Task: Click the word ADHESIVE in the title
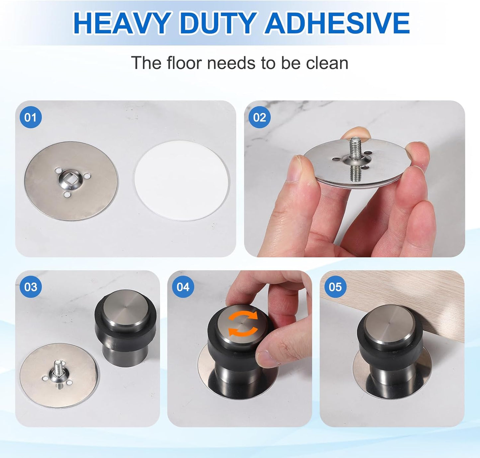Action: click(x=337, y=23)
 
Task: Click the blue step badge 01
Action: click(x=31, y=117)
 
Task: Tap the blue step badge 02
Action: click(x=259, y=117)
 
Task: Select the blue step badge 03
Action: click(x=31, y=287)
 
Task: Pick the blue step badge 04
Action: click(x=183, y=287)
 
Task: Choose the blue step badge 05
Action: click(x=335, y=287)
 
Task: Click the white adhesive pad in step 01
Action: click(x=182, y=180)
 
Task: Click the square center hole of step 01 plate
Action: click(x=66, y=180)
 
